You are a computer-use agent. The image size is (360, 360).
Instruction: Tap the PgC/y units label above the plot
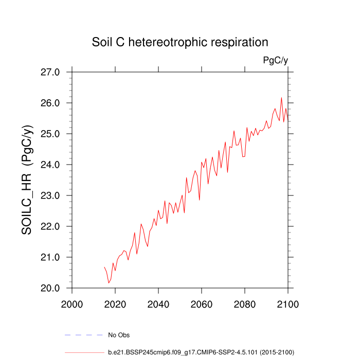click(275, 61)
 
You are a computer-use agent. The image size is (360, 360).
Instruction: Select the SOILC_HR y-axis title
click(27, 180)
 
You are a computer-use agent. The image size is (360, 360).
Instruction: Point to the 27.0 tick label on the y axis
click(50, 72)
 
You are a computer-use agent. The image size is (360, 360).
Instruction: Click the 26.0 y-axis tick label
click(50, 103)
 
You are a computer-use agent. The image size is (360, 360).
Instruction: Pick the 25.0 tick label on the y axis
click(50, 134)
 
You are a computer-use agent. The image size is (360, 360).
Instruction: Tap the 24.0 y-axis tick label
click(50, 165)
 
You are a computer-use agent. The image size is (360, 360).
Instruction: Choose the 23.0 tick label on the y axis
click(50, 195)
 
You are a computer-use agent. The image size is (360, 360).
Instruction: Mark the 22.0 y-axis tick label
click(50, 226)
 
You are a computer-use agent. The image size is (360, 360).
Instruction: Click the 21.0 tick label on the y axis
click(50, 257)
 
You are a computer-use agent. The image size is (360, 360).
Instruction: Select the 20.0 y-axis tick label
click(50, 288)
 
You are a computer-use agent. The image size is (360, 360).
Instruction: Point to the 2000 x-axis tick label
click(72, 304)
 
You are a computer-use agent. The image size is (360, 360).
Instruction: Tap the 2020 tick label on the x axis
click(115, 304)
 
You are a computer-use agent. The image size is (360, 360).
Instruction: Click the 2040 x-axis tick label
click(158, 304)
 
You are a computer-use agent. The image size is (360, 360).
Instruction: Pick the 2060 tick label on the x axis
click(201, 304)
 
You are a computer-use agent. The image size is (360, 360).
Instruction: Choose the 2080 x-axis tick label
click(244, 304)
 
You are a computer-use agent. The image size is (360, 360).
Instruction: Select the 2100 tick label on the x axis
click(287, 304)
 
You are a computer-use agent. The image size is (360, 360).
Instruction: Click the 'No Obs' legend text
click(119, 335)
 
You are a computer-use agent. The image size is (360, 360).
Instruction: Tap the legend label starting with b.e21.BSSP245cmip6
click(201, 352)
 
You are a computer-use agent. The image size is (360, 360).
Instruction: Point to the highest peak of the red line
click(281, 98)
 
